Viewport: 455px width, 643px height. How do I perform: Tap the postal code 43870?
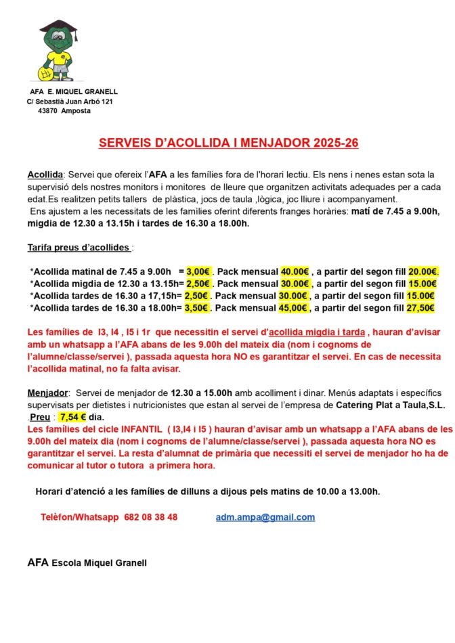(47, 111)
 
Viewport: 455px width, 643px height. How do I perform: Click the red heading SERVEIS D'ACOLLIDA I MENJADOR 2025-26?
(228, 143)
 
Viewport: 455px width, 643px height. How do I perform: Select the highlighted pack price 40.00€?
(295, 271)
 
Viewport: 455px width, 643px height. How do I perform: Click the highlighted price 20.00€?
(423, 271)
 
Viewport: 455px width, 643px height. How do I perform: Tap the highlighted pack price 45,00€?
(295, 308)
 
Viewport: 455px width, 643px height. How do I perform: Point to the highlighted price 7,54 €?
(73, 418)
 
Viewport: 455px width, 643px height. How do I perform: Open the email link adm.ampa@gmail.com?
(265, 517)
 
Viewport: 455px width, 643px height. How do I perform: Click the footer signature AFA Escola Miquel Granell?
(87, 562)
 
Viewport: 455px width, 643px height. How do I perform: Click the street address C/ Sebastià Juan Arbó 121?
(70, 102)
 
